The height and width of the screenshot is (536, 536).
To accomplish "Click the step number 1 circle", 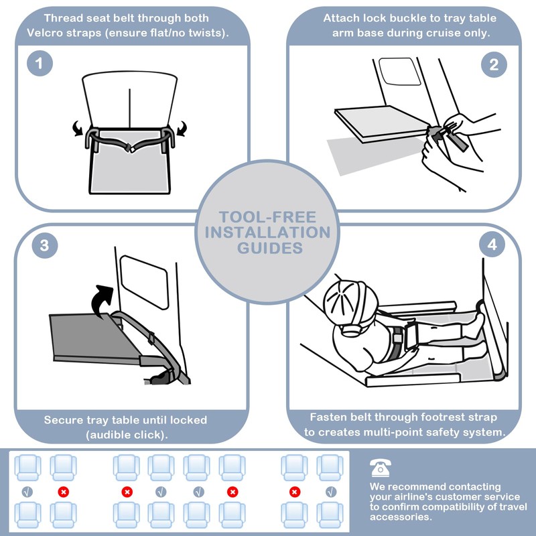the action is (40, 63).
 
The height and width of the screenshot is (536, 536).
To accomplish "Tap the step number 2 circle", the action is (494, 64).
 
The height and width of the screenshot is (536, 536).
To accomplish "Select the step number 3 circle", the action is (45, 245).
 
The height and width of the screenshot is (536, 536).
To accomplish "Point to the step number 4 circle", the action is (492, 245).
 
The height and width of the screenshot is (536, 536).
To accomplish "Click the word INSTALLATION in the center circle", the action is (267, 232).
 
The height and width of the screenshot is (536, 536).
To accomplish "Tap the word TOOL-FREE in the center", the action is (267, 217).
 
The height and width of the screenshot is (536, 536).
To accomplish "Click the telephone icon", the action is (380, 468).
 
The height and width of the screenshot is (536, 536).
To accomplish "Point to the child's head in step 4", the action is (350, 304).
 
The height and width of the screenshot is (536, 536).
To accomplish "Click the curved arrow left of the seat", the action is (78, 129).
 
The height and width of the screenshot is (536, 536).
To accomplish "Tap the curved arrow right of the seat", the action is (181, 129).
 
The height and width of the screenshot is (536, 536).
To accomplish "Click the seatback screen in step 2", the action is (399, 71).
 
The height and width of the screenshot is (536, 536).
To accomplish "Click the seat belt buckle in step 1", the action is (130, 148).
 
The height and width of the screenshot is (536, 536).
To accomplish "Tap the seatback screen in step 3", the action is (144, 282).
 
